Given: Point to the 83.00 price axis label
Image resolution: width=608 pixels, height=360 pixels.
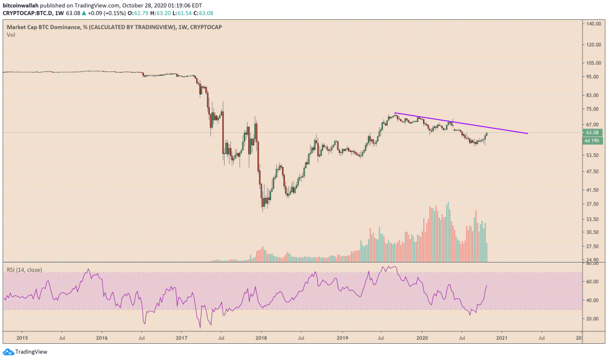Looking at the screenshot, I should (592, 96).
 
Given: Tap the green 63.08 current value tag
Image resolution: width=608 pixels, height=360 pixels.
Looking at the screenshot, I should (592, 132).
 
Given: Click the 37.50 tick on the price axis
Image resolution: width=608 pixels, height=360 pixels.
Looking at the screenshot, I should (592, 204).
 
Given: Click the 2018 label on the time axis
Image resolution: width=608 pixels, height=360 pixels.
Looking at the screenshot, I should (261, 338).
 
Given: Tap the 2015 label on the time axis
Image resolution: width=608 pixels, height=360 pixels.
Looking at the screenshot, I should (22, 338).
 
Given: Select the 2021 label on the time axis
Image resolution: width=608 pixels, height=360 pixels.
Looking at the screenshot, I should (501, 338).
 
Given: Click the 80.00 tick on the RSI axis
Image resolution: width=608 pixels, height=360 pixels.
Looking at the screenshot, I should (592, 264).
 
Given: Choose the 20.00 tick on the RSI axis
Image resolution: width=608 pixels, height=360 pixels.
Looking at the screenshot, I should (592, 319).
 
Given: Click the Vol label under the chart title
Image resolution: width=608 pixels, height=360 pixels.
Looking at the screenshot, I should (11, 35).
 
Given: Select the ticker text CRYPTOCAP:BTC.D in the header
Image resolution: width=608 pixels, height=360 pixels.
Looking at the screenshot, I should (26, 12).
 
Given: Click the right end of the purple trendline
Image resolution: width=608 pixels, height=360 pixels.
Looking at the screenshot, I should (528, 133).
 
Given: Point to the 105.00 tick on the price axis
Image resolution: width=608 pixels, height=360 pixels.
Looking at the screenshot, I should (592, 63).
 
